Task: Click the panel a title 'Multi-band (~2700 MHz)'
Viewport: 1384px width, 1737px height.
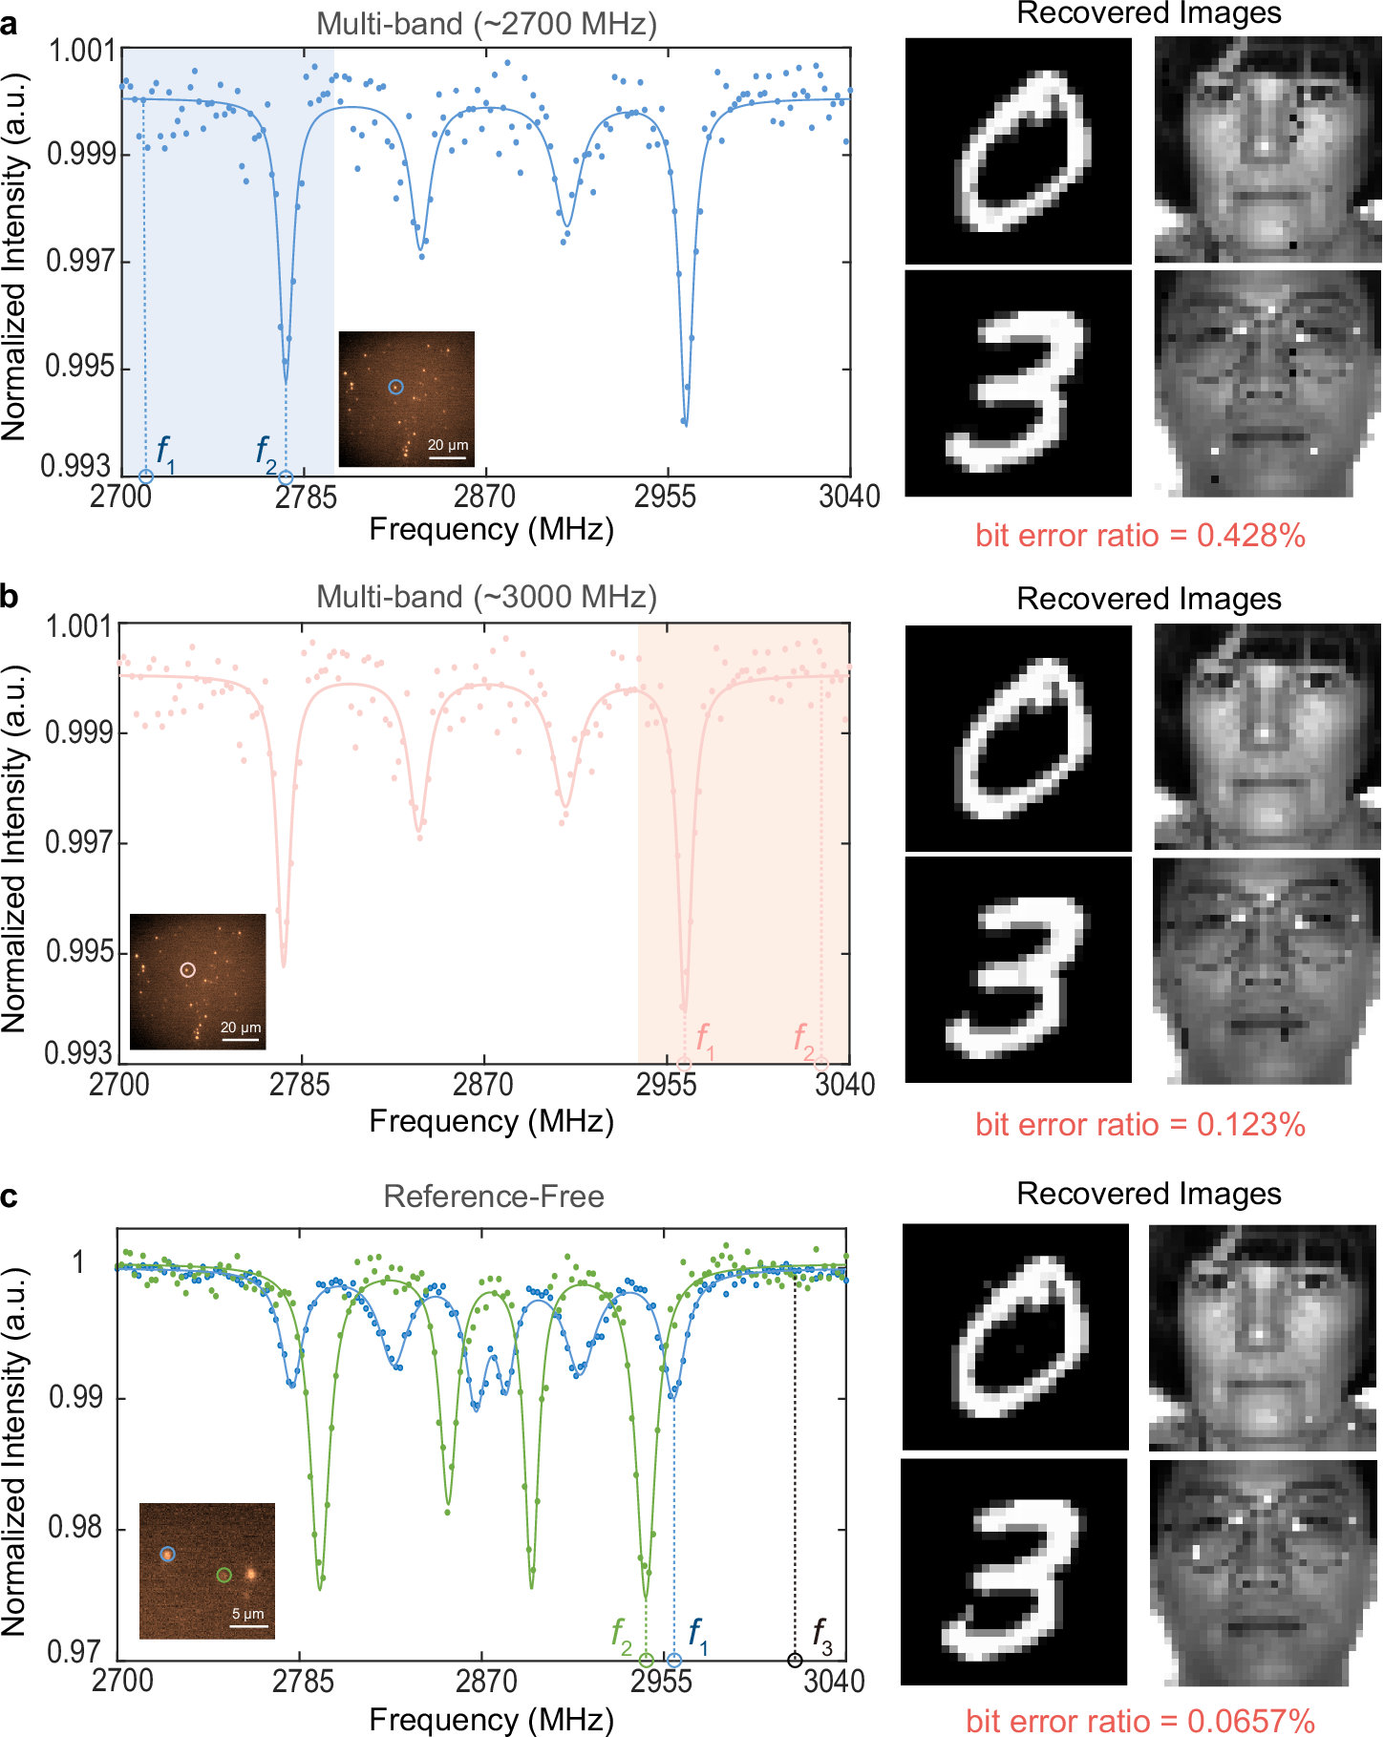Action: click(486, 24)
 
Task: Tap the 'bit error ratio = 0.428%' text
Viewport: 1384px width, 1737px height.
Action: click(1139, 536)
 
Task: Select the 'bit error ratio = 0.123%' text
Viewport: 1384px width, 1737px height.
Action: click(1139, 1125)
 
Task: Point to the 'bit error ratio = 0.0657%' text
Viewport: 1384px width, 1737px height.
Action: click(1139, 1721)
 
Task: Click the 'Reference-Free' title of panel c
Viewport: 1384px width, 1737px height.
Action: click(493, 1197)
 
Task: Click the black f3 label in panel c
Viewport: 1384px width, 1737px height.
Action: click(821, 1634)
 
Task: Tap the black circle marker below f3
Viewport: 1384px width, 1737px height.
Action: click(795, 1661)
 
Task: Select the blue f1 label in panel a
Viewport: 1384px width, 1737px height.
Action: click(165, 450)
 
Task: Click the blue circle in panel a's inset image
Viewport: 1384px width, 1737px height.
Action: click(395, 387)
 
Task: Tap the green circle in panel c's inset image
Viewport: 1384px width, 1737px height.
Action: click(224, 1575)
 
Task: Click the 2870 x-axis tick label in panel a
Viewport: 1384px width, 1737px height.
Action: click(484, 497)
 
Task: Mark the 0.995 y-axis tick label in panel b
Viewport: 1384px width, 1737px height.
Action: click(79, 952)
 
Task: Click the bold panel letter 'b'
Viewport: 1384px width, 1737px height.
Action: click(10, 597)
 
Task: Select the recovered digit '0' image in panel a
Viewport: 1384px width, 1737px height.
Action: click(1018, 151)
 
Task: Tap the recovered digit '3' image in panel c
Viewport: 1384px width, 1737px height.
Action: click(1014, 1571)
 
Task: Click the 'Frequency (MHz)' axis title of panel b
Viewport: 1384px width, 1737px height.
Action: click(491, 1121)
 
